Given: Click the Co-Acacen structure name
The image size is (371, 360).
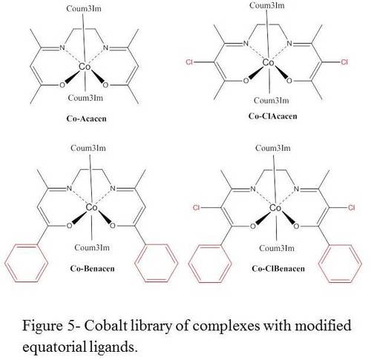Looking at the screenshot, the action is [86, 119].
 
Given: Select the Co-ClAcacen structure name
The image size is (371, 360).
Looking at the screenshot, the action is [272, 116].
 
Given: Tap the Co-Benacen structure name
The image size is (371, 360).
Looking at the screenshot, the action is [92, 269].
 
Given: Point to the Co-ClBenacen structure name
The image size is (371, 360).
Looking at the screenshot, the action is [278, 269].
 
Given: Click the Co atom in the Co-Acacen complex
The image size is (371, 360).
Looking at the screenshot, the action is [85, 67].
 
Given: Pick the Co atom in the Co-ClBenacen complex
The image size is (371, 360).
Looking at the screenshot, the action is [275, 208].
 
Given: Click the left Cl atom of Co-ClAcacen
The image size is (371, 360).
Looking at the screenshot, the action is [189, 62].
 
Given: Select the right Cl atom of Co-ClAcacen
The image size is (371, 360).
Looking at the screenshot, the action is [344, 62].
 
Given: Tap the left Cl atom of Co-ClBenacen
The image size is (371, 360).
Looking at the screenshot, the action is [196, 207].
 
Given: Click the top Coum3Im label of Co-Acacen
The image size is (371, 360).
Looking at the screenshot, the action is [84, 9].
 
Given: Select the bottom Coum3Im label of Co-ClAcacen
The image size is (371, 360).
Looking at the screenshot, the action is [272, 100].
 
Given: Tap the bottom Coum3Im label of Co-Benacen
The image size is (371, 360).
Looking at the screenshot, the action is [92, 247].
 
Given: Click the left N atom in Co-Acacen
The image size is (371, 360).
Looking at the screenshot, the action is [62, 48].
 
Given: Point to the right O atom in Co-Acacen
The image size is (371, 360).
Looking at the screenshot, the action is [105, 85].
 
